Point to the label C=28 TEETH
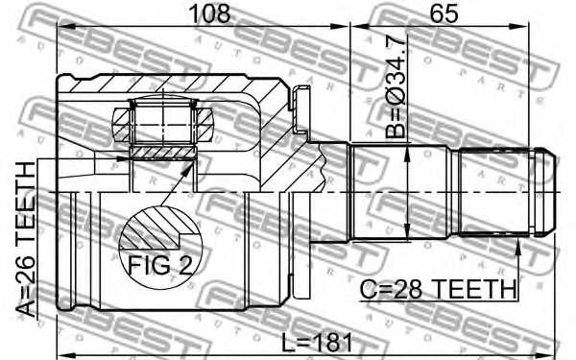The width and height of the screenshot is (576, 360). pyautogui.click(x=438, y=288)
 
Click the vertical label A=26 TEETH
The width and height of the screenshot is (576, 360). pyautogui.click(x=27, y=240)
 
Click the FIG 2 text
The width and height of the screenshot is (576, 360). pyautogui.click(x=159, y=262)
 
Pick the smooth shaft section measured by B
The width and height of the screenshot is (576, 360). pyautogui.click(x=403, y=192)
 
